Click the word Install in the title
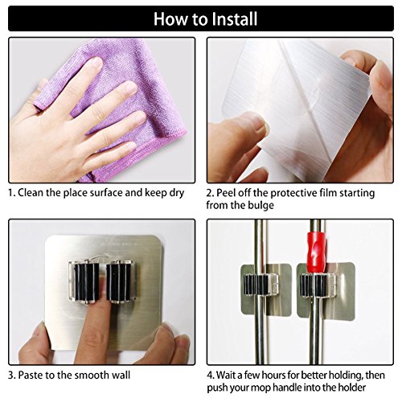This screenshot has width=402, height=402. click(235, 18)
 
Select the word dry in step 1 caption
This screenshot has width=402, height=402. click(176, 194)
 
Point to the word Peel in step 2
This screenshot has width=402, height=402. click(226, 193)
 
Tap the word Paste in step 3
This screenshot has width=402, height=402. click(31, 375)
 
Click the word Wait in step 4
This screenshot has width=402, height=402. click(226, 375)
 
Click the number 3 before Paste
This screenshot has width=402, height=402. click(10, 375)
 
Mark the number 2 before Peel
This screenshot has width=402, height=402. click(209, 193)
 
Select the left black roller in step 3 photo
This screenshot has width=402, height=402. click(86, 281)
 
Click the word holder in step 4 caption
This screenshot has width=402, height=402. click(351, 388)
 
